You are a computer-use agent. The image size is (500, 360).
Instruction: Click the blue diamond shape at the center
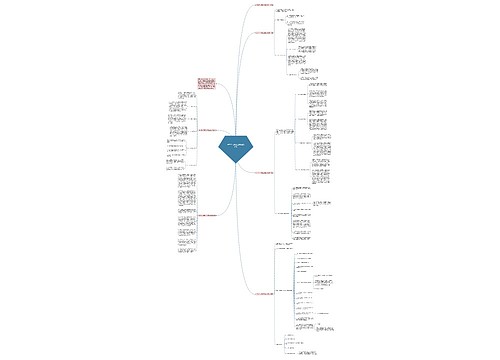point(236,147)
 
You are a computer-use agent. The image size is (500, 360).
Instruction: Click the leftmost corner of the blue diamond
point(218,147)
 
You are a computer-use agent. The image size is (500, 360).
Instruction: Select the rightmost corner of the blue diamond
point(254,147)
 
